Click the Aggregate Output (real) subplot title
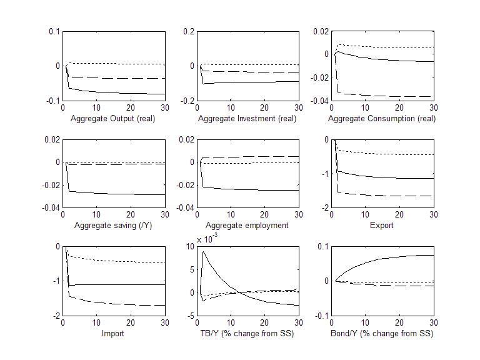[x=113, y=118]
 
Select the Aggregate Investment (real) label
[x=248, y=118]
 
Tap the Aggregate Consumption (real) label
[x=382, y=118]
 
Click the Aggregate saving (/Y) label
[x=113, y=225]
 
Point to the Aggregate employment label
[x=247, y=225]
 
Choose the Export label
[x=382, y=225]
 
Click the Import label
[x=113, y=333]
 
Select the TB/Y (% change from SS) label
[x=248, y=333]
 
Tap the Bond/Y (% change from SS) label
[x=382, y=333]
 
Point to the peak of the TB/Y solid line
[x=204, y=252]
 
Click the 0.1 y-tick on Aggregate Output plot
[x=54, y=32]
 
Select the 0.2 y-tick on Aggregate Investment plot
[x=188, y=32]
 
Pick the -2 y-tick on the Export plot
[x=324, y=207]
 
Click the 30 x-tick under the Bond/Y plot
[x=432, y=322]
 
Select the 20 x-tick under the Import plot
[x=130, y=322]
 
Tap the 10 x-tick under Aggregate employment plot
[x=231, y=214]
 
